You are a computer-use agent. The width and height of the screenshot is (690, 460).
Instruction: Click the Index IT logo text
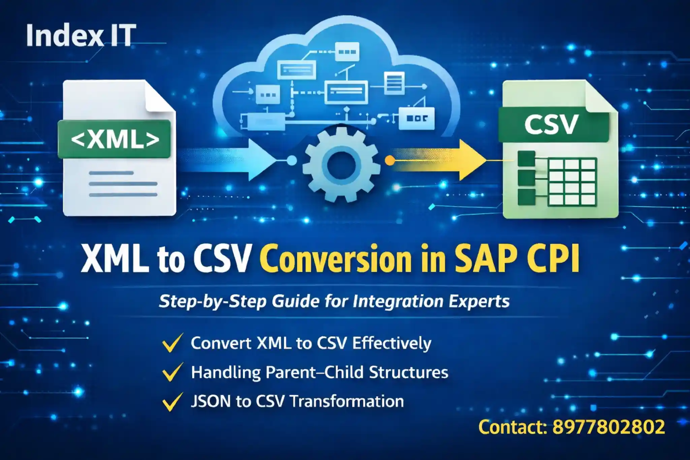(81, 36)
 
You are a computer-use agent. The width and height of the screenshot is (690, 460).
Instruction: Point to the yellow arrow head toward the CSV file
(472, 160)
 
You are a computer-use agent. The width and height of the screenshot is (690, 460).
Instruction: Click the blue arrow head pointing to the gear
(259, 160)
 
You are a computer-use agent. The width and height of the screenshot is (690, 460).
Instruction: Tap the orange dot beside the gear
(390, 160)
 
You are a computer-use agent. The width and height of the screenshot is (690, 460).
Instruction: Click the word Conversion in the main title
(336, 259)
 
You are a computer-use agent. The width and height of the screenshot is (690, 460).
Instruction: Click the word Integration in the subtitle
(398, 301)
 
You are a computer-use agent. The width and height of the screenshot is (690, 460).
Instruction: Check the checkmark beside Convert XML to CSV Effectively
(172, 343)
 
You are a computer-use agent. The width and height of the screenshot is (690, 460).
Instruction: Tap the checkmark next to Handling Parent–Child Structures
(172, 372)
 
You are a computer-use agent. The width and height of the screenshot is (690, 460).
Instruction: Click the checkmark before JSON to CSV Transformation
(172, 402)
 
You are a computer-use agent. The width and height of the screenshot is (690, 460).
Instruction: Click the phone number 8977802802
(608, 427)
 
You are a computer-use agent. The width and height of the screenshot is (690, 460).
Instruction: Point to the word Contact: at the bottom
(512, 427)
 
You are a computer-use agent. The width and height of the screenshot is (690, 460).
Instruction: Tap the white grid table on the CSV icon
(572, 182)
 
